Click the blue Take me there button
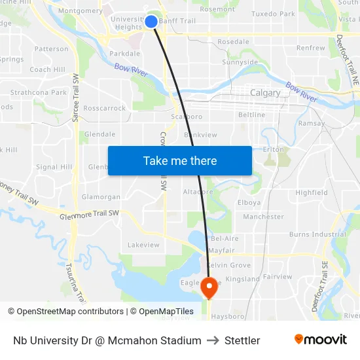180,160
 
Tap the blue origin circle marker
151,22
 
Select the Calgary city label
265,93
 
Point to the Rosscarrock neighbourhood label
105,108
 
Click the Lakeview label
143,245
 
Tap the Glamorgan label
101,196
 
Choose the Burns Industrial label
317,234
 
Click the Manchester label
263,217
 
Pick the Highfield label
312,192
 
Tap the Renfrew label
310,48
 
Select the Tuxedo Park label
273,13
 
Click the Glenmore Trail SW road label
89,214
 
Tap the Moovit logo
321,340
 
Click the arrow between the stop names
213,340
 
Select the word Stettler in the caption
242,340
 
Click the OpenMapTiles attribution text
162,312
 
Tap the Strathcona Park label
38,92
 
